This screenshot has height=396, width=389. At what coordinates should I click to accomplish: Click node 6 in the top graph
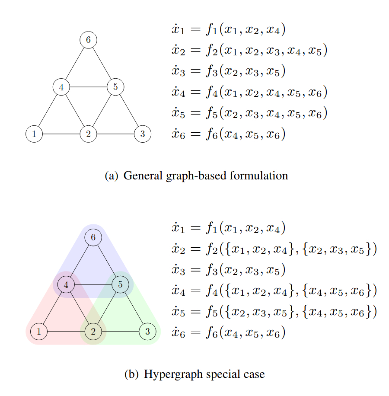(88, 40)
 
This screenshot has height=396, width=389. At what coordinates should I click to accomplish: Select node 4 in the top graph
(61, 87)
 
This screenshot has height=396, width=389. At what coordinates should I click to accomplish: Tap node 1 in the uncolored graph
(34, 134)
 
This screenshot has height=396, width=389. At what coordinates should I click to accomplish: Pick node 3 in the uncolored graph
(142, 134)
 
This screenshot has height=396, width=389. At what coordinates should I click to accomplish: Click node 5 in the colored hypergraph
(121, 284)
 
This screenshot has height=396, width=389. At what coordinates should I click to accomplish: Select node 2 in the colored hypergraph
(93, 332)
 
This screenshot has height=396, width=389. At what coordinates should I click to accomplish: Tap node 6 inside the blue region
(93, 237)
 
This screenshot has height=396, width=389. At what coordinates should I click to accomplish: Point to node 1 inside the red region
(39, 332)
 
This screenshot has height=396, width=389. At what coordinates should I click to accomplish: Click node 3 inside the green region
(147, 332)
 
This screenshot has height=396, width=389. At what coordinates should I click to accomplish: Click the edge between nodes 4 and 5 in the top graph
(88, 87)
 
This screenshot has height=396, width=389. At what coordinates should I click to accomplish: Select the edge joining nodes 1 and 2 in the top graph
(61, 134)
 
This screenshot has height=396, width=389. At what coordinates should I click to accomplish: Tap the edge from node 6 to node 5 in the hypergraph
(107, 261)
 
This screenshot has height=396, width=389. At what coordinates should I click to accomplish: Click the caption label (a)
(111, 176)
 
